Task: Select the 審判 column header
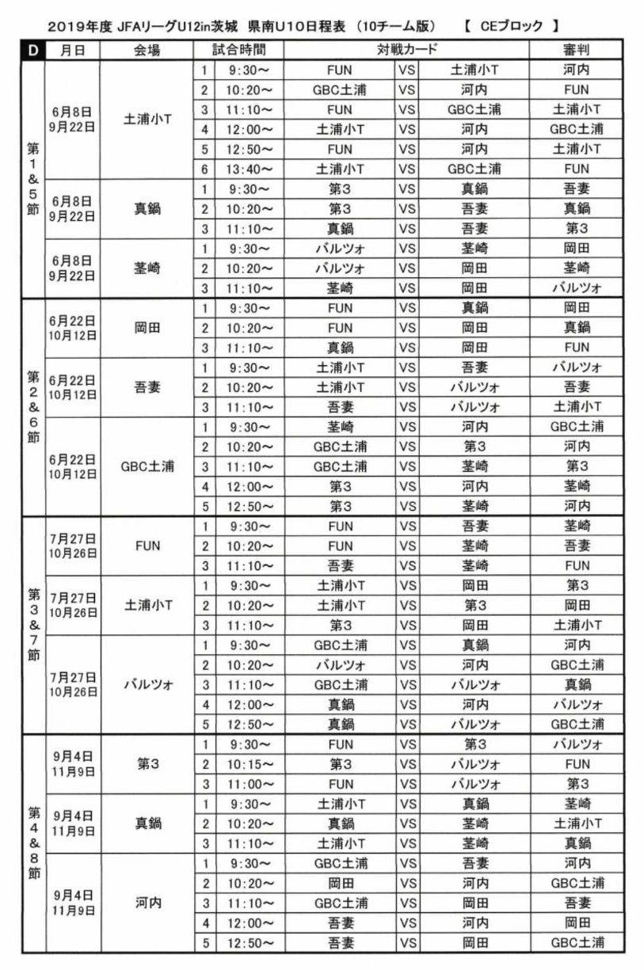pos(577,50)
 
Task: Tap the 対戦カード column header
pos(418,50)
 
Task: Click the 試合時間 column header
pos(238,50)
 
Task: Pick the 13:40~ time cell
pos(249,169)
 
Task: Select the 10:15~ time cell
pos(249,764)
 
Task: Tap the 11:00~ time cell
pos(249,784)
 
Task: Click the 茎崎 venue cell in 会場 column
pos(147,268)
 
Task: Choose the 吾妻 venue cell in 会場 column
pos(147,387)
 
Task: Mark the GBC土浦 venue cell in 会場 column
pos(147,466)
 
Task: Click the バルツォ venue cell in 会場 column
pos(147,685)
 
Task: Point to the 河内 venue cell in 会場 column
pos(147,903)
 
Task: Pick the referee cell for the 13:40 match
pos(577,169)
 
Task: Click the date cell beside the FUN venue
pos(73,546)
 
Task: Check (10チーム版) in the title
pos(395,26)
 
